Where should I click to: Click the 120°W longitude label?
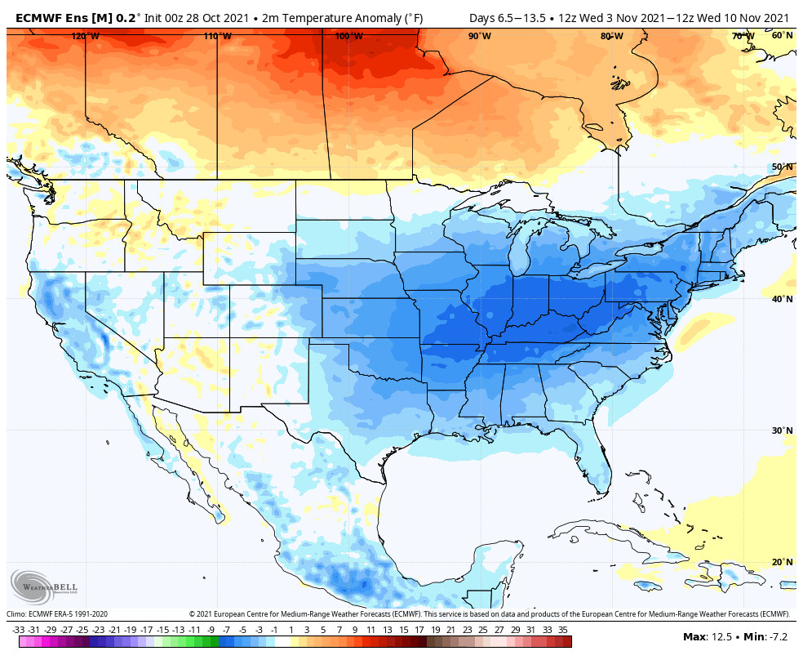pyautogui.click(x=85, y=36)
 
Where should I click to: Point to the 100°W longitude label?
pyautogui.click(x=348, y=36)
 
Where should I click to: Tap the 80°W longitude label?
pyautogui.click(x=611, y=36)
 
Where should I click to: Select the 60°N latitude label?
pyautogui.click(x=782, y=35)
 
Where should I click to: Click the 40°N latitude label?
pyautogui.click(x=782, y=299)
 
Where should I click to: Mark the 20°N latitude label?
pyautogui.click(x=782, y=562)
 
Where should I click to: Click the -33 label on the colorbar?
pyautogui.click(x=18, y=630)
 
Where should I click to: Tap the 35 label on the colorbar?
pyautogui.click(x=563, y=630)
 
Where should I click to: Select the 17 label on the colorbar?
pyautogui.click(x=419, y=630)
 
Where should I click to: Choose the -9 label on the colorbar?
pyautogui.click(x=211, y=630)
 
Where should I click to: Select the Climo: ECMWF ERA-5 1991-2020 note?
pyautogui.click(x=57, y=614)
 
